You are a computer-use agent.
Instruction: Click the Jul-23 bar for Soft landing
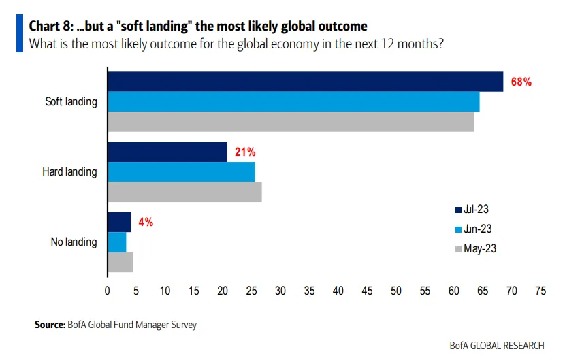click(305, 82)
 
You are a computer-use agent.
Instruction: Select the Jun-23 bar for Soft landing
click(293, 101)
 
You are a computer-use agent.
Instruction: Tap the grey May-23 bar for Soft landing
click(290, 122)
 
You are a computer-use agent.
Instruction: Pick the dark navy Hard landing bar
click(167, 152)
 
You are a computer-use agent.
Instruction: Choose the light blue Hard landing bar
click(181, 171)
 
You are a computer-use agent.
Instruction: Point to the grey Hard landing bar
click(184, 192)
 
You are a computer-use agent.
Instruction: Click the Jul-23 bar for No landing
click(119, 222)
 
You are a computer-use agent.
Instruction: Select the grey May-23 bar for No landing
click(120, 262)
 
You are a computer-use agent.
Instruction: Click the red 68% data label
click(521, 82)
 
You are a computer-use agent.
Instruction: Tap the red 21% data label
click(245, 152)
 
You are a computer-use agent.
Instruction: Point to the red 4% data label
click(146, 222)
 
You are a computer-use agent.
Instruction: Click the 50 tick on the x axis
click(396, 291)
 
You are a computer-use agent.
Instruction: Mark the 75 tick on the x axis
click(540, 291)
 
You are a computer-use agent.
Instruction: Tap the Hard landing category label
click(69, 172)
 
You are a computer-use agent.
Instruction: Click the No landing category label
click(74, 242)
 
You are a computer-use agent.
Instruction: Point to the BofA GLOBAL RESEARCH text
click(497, 346)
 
